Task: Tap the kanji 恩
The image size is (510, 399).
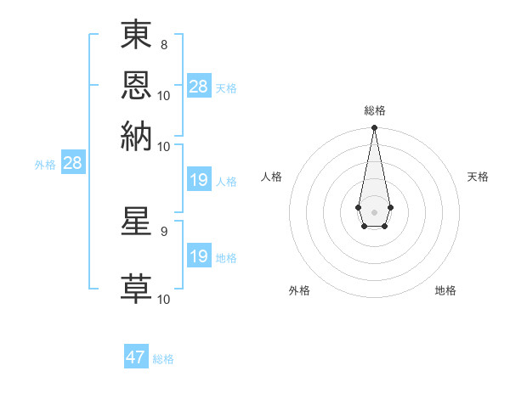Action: pos(137,86)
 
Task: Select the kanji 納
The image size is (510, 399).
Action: pos(137,136)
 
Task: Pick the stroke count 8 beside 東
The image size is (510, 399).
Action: pos(163,44)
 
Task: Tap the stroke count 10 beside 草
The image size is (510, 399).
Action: pos(164,299)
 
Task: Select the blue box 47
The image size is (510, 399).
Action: pos(136,357)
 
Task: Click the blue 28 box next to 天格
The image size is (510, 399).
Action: pos(198,87)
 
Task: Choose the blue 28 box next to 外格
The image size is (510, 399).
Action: pos(72,164)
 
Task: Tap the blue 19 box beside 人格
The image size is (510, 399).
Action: pos(198,180)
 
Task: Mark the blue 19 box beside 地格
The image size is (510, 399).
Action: pos(198,256)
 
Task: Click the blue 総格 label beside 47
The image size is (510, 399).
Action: pos(163,359)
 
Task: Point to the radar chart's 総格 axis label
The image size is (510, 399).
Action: pos(375,110)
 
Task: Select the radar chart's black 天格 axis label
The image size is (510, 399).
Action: pos(479,177)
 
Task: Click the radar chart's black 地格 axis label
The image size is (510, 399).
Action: pos(445,290)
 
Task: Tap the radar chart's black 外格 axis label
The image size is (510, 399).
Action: pos(299,290)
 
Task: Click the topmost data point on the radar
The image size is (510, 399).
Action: pos(374,128)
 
